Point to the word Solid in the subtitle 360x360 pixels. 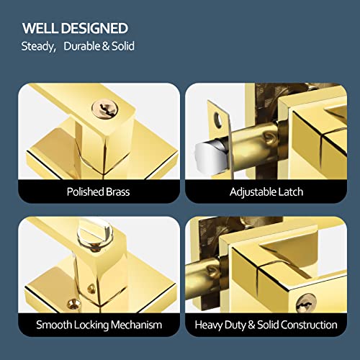pos(122,47)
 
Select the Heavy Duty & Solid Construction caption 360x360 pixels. pos(266,325)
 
